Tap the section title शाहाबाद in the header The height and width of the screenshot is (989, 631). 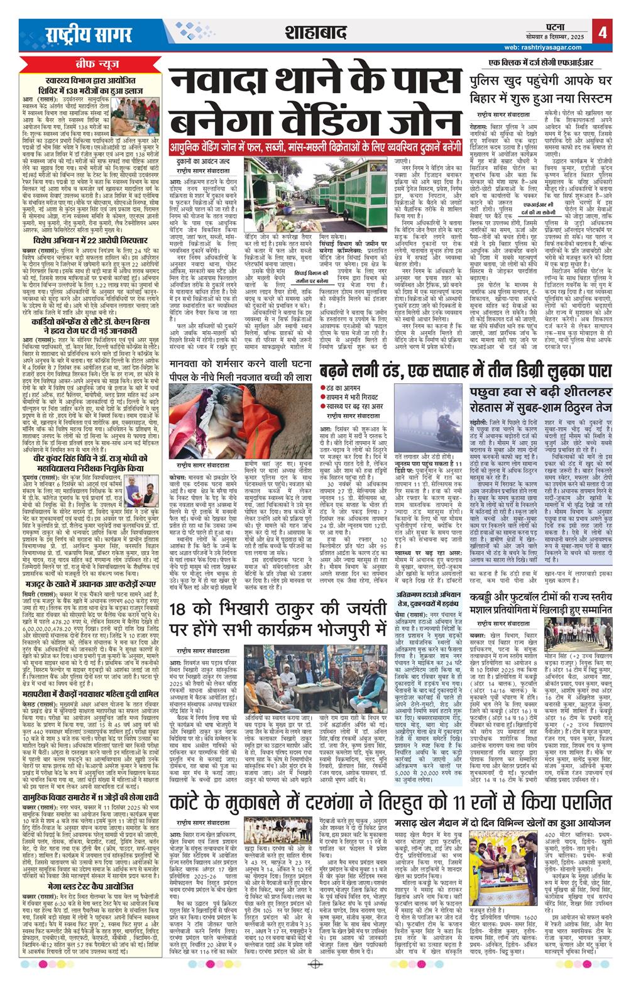tap(315, 31)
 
